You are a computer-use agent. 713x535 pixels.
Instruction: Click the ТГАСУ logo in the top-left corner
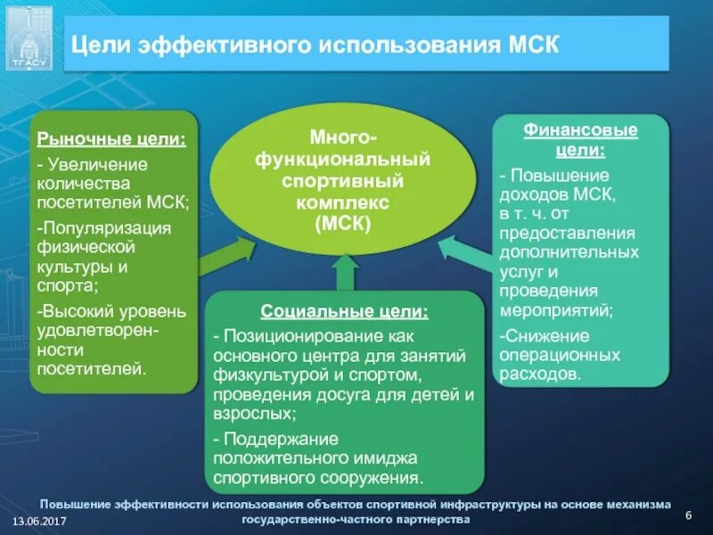29,37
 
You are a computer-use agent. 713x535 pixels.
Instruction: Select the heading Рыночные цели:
111,139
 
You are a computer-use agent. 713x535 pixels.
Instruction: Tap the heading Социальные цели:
344,312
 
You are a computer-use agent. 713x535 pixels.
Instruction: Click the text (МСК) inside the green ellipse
342,224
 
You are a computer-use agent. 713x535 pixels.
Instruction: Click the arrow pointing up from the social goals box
343,276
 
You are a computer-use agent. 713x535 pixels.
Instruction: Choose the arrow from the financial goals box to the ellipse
464,254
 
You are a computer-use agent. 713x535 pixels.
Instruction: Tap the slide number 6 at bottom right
688,517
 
